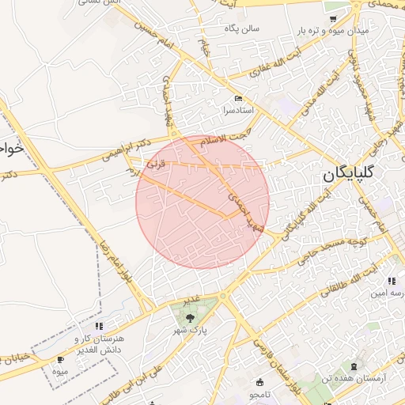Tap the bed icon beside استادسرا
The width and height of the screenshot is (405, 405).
[x=237, y=98]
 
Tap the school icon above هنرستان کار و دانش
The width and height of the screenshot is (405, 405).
[x=98, y=325]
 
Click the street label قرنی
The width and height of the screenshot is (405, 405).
[x=157, y=167]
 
